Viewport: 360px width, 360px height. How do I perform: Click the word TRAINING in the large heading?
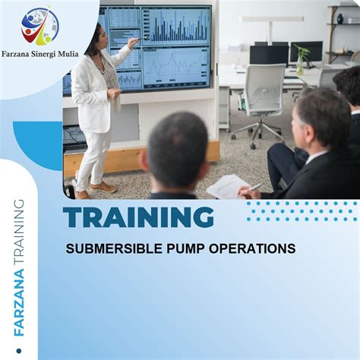[x=139, y=218]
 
